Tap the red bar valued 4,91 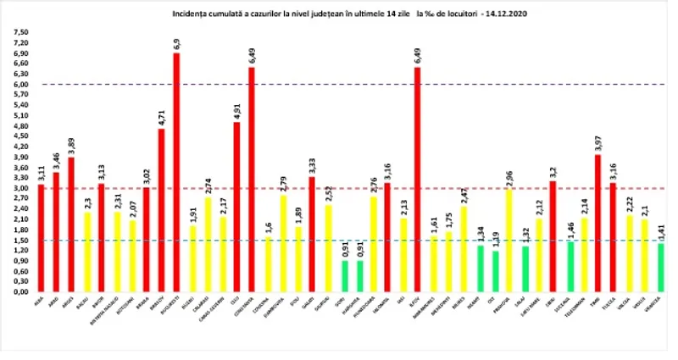tap(236, 207)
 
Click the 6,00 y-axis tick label tap(19, 85)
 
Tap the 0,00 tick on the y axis tap(19, 291)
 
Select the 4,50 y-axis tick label tap(19, 136)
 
